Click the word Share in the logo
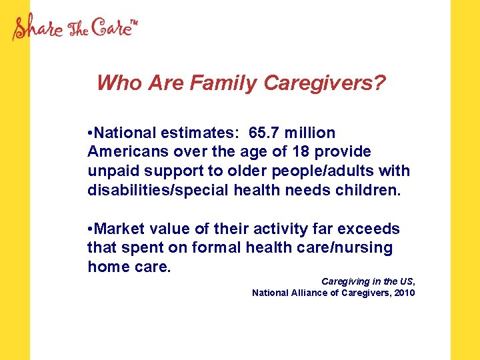39,29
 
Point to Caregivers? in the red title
325,83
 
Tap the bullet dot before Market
90,229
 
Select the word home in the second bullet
106,267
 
